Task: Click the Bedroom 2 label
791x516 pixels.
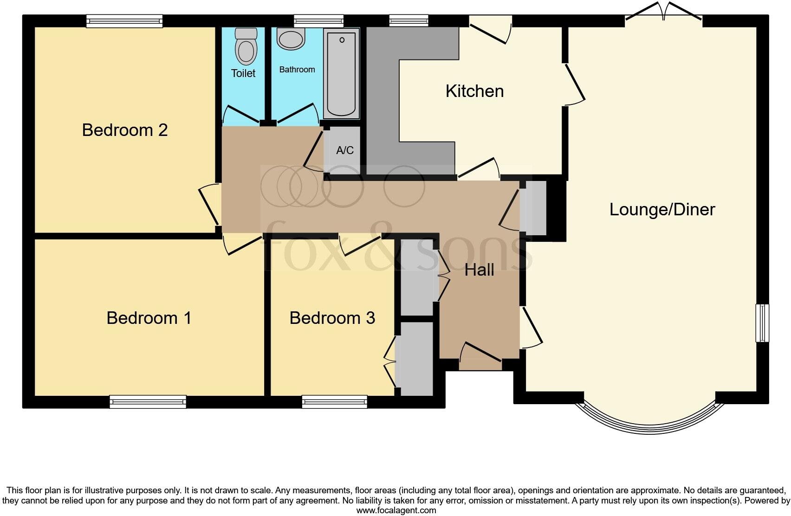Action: (x=124, y=130)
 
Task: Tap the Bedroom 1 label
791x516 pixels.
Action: (x=149, y=318)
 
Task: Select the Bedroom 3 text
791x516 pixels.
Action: (x=332, y=318)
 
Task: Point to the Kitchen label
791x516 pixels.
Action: (x=474, y=91)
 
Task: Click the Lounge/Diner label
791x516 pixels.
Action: (x=662, y=209)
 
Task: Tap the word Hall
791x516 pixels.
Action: (x=479, y=270)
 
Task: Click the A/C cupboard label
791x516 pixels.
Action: (x=344, y=150)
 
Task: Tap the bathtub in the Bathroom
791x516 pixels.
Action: (x=342, y=73)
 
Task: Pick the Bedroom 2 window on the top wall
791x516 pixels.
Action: (x=124, y=21)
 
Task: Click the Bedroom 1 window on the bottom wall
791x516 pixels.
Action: (x=148, y=401)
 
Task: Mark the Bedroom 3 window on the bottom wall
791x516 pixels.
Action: (x=334, y=401)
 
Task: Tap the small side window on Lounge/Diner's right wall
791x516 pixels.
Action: (x=762, y=323)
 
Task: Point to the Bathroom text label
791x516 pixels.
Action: (x=297, y=70)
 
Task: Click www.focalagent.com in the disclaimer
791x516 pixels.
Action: (x=396, y=510)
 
